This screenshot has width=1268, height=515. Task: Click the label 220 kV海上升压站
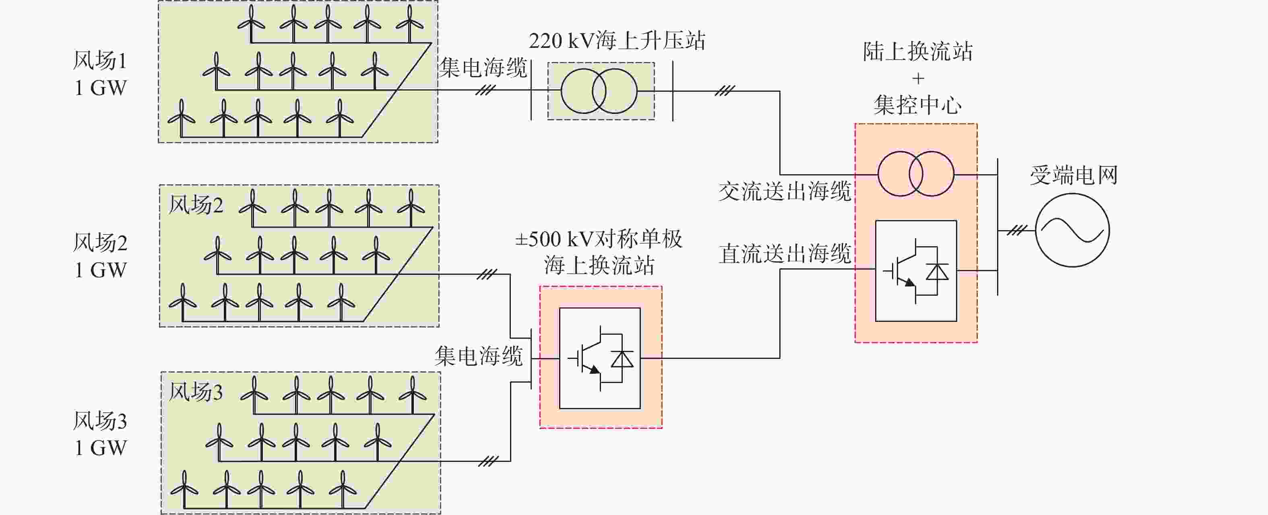point(617,41)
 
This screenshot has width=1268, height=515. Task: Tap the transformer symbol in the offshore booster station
point(599,91)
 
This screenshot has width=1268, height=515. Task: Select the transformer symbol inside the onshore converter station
point(916,174)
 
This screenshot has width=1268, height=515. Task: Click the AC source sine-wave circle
point(1073,230)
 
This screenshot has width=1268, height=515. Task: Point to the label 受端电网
point(1074,175)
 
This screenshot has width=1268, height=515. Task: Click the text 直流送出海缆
point(785,254)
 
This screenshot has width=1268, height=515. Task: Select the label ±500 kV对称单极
point(599,239)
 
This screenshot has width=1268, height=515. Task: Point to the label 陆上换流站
point(917,51)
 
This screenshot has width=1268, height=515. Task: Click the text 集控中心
point(917,105)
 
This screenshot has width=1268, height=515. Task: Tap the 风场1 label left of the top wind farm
point(100,60)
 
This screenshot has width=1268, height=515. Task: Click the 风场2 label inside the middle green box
point(196,205)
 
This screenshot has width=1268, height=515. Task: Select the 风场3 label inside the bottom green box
point(196,392)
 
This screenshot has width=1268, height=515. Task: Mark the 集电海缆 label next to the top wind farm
point(483,67)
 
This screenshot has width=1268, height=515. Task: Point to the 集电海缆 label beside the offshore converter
point(479,356)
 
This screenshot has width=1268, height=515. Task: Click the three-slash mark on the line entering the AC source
point(1017,230)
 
